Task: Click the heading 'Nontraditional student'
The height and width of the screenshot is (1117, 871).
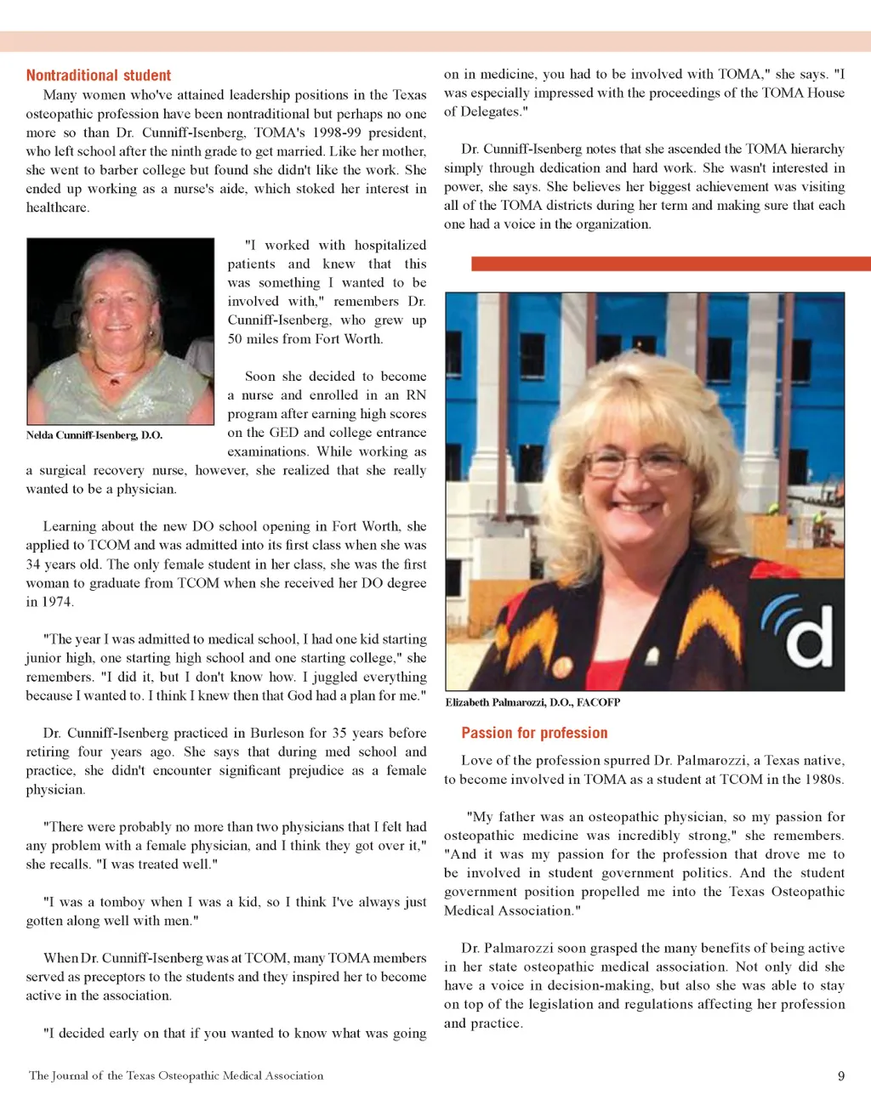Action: tap(99, 75)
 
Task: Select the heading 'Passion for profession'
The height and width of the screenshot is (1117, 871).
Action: tap(534, 733)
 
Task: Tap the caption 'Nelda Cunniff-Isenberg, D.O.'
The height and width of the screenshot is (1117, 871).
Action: tap(94, 435)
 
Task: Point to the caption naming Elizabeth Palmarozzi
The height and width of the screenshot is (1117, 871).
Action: tap(532, 702)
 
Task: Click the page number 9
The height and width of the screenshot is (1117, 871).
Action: tap(841, 1076)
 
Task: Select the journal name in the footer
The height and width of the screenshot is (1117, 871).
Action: tap(176, 1076)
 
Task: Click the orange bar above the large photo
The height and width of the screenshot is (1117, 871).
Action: tap(670, 264)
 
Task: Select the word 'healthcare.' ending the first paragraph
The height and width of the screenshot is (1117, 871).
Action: tap(57, 207)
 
